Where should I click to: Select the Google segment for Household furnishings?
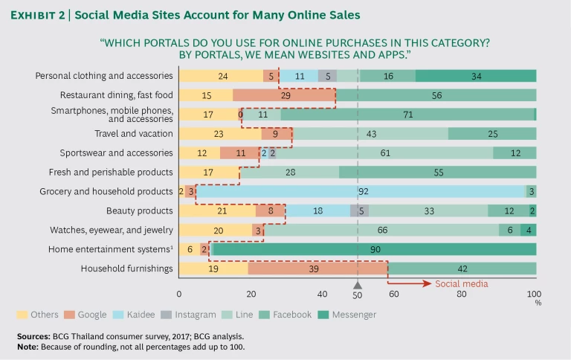[x=317, y=269]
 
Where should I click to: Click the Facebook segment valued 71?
[x=407, y=114]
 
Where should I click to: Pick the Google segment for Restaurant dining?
[x=284, y=94]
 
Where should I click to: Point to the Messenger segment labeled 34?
[x=476, y=75]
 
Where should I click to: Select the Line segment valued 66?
[x=381, y=230]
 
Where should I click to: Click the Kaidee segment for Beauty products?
[x=317, y=210]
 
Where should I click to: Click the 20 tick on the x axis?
[x=251, y=294]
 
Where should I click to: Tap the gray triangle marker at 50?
[x=358, y=284]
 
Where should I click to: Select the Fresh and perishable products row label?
[x=117, y=172]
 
